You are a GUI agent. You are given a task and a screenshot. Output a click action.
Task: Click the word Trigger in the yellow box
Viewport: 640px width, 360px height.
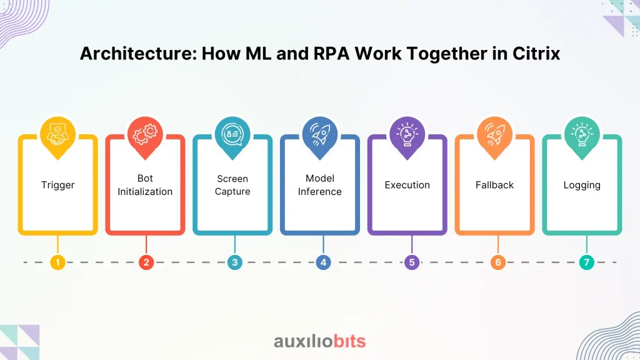(x=57, y=185)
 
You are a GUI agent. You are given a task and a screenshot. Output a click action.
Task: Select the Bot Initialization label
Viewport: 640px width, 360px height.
(x=145, y=185)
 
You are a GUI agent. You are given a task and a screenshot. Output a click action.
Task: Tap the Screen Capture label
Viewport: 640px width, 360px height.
(x=232, y=185)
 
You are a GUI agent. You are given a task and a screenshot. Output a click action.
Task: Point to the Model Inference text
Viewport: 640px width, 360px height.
(x=319, y=185)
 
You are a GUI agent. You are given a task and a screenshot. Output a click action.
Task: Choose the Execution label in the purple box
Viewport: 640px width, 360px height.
(x=407, y=185)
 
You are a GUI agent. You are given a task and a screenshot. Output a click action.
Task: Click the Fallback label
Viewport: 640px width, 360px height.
(x=494, y=185)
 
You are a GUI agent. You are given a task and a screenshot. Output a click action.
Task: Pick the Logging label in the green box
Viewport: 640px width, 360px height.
(x=582, y=185)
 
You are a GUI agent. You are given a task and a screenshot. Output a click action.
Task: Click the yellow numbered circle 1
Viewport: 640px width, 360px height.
(x=57, y=262)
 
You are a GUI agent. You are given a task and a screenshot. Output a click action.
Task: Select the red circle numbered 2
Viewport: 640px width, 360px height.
(x=146, y=262)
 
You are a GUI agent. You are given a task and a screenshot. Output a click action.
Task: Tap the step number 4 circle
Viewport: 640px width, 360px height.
(x=323, y=262)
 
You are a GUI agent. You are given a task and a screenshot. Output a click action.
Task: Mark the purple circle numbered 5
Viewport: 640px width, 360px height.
(x=412, y=262)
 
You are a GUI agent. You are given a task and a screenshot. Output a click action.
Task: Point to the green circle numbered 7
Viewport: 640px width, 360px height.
(x=586, y=262)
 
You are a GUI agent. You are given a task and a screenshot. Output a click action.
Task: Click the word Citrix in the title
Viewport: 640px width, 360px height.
(x=536, y=54)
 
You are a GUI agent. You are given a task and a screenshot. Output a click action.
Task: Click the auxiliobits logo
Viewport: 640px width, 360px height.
(x=319, y=341)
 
